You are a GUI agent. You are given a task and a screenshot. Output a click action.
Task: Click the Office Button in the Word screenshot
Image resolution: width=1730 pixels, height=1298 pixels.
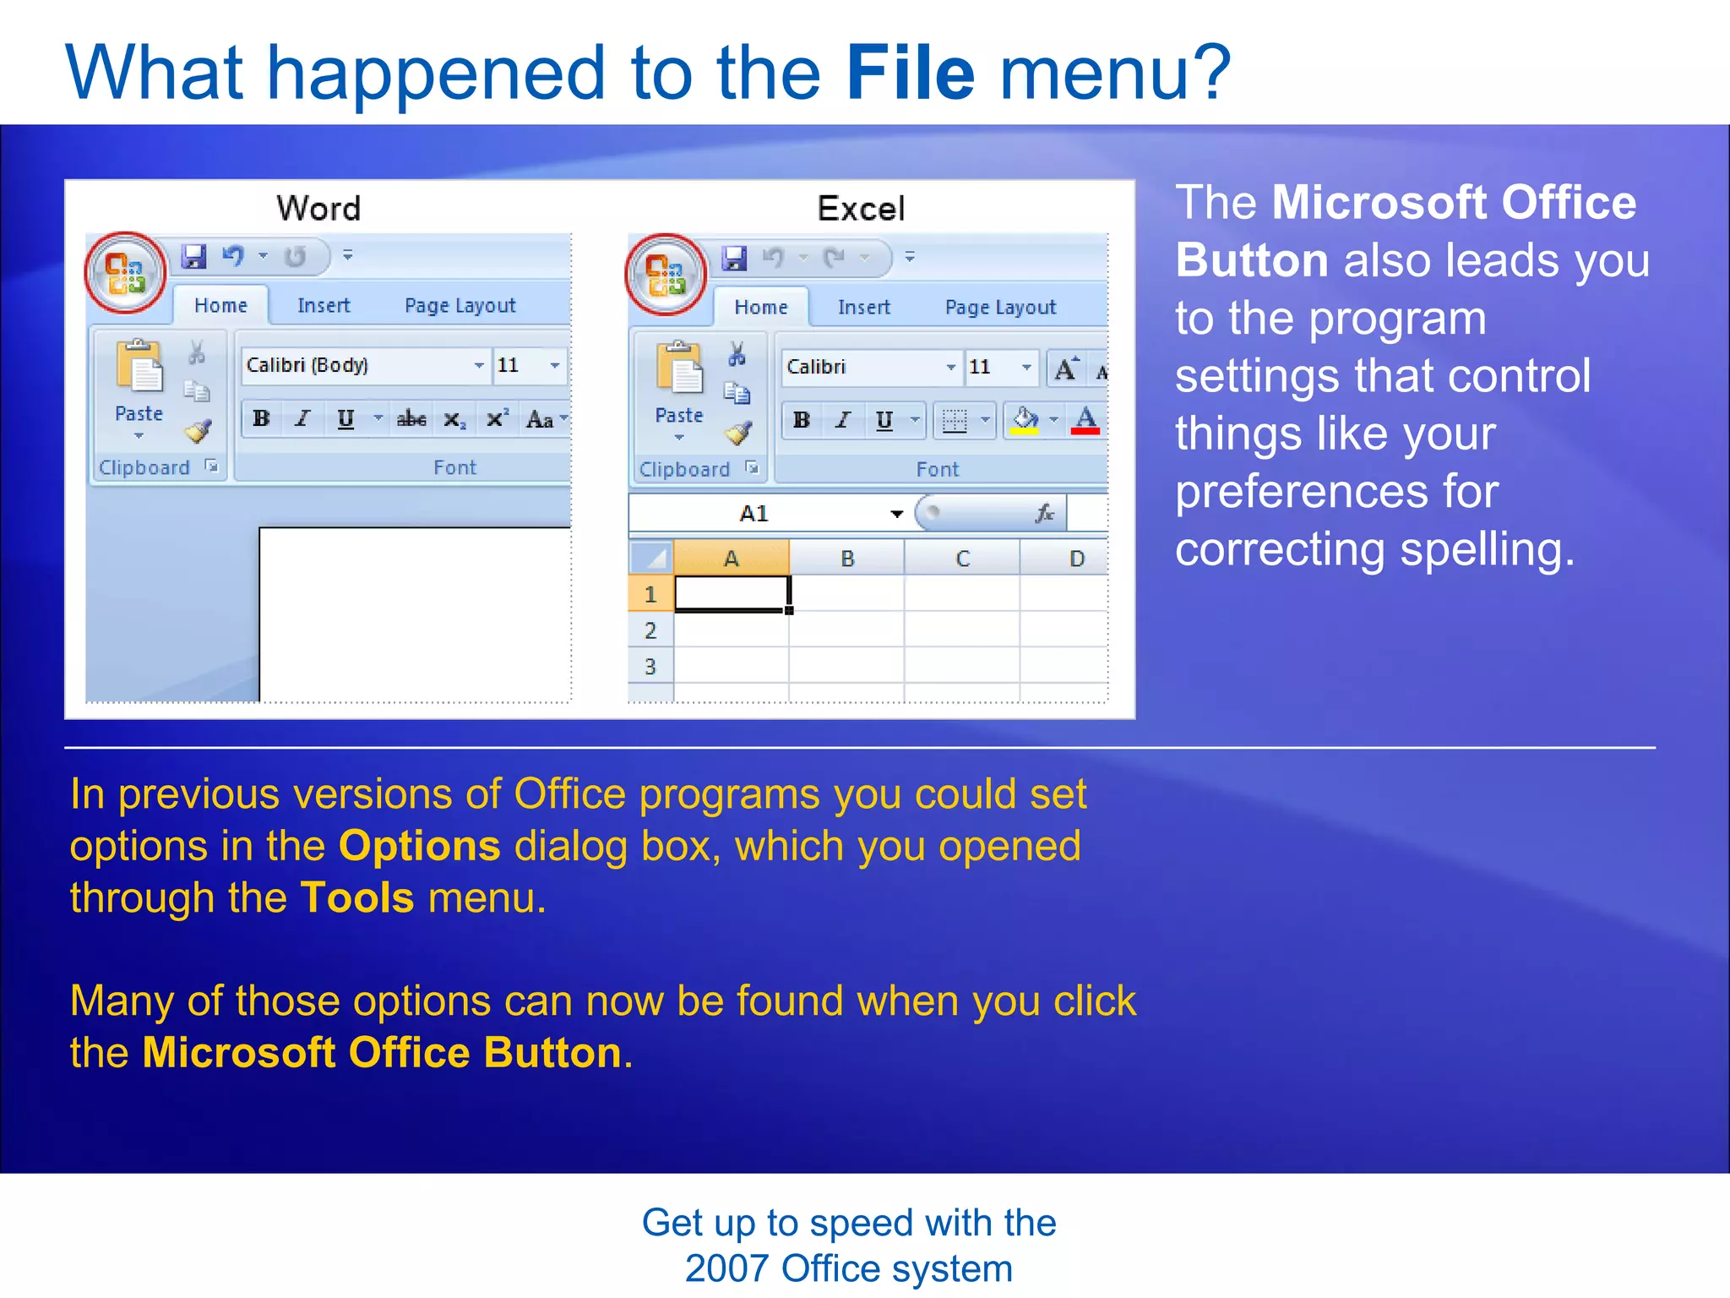tap(125, 272)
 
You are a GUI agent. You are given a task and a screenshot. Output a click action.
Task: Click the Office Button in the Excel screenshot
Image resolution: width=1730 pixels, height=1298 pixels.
tap(665, 274)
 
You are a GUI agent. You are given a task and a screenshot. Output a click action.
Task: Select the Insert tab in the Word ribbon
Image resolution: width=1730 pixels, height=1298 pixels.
tap(324, 306)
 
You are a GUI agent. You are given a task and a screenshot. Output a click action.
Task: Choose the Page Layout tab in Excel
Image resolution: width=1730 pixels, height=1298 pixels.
tap(1000, 308)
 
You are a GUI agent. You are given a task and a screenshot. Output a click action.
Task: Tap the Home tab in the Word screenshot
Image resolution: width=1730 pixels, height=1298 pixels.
tap(220, 306)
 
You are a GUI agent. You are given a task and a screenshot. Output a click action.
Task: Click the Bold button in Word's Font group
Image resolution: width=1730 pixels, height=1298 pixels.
tap(261, 418)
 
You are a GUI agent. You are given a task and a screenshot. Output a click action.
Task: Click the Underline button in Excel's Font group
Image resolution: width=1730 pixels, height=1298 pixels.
tap(884, 420)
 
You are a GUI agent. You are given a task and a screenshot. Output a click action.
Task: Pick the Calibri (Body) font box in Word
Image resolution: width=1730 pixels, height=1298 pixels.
tap(355, 365)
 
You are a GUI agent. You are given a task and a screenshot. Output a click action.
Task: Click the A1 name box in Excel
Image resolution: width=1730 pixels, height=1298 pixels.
tap(753, 514)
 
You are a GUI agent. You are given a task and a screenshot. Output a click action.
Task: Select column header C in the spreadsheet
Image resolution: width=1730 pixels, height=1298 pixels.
tap(962, 559)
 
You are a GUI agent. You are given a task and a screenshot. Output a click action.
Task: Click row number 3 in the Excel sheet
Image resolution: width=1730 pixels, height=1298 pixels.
tap(650, 667)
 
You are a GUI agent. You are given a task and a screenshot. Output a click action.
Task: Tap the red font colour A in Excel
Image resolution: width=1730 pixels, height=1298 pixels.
tap(1085, 420)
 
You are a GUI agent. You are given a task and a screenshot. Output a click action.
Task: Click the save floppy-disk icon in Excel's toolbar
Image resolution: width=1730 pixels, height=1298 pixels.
tap(734, 258)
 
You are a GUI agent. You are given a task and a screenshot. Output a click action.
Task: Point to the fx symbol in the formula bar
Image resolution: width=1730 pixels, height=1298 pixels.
tap(1045, 513)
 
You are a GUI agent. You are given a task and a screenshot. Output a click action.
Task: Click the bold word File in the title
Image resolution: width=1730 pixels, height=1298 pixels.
tap(910, 73)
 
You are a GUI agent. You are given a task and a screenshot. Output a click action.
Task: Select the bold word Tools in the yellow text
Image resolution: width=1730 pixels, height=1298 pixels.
tap(357, 897)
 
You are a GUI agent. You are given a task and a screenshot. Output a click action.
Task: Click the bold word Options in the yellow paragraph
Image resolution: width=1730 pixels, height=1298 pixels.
tap(420, 846)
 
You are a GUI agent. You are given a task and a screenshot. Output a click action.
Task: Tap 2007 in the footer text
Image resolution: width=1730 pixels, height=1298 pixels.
tap(726, 1268)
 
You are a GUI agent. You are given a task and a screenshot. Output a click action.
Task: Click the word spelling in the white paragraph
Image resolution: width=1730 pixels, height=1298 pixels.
tap(1486, 550)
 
